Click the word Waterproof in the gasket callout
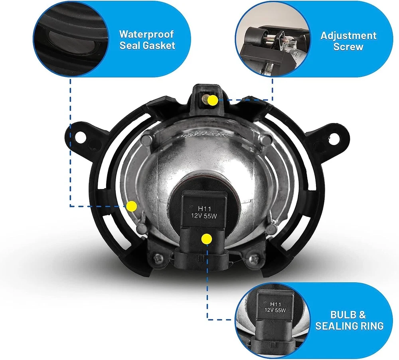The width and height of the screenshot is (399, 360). [146, 34]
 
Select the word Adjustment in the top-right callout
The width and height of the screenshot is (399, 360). [348, 35]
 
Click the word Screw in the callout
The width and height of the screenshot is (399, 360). [348, 47]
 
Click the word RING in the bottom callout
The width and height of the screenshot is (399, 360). [371, 326]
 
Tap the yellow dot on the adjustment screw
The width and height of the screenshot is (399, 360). [213, 100]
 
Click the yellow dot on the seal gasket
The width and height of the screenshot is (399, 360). [132, 206]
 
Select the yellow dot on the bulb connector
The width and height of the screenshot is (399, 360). [206, 239]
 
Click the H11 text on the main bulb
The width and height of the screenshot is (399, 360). [204, 209]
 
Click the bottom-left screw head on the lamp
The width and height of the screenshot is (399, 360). [158, 259]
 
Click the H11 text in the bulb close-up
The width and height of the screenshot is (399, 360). [276, 304]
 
